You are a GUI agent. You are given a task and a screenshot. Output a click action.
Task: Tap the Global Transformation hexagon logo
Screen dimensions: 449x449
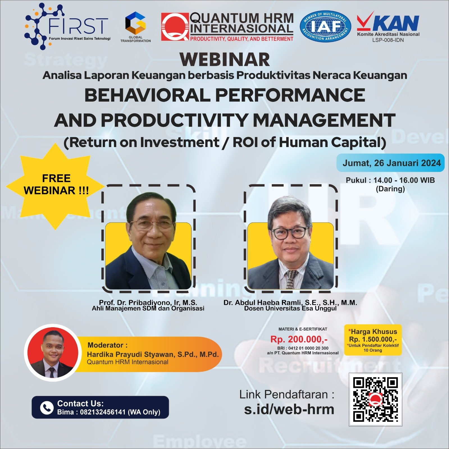coord(136,27)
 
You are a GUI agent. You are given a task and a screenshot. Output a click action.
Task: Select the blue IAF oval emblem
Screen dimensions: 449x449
coord(325,27)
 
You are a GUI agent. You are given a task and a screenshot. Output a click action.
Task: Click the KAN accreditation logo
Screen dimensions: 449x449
coord(388,27)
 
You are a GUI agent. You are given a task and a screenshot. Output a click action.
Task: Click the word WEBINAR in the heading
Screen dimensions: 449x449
coord(225,59)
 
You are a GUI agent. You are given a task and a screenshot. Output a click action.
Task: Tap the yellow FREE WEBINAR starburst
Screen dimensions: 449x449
coord(56,186)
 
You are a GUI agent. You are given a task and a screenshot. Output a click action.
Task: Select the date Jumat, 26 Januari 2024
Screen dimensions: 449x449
coord(391,163)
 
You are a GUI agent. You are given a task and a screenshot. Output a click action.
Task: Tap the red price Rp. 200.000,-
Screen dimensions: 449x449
coord(299,339)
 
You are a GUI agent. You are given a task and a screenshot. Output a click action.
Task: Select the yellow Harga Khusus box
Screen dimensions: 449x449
coord(373,340)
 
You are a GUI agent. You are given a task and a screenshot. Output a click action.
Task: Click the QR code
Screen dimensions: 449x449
coord(375,399)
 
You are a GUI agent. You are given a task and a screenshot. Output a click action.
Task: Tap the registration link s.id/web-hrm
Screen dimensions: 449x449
coord(289,409)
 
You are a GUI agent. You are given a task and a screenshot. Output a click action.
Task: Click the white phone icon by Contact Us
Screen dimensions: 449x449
coord(47,407)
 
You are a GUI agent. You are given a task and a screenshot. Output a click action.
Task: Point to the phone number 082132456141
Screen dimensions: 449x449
coord(102,412)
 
